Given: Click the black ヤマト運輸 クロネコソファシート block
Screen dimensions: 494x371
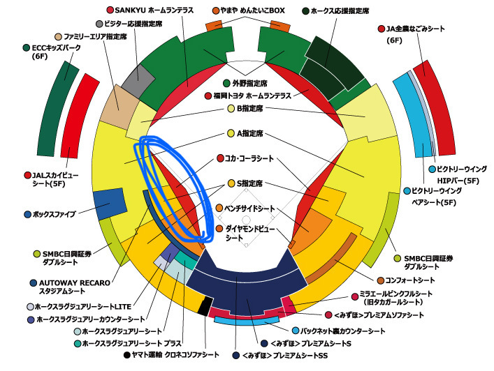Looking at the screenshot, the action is coord(205,305).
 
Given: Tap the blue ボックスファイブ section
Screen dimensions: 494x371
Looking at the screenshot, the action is coord(110,204).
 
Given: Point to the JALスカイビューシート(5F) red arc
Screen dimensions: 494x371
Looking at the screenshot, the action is coord(79,116).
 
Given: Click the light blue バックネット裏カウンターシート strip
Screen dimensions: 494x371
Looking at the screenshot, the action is coord(247,321).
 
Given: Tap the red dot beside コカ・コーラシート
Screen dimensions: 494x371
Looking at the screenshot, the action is coord(220,158).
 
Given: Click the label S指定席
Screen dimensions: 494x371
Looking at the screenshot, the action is coord(250,183).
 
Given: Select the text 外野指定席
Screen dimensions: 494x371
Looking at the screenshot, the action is coord(250,83).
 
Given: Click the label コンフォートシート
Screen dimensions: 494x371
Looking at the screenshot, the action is coord(410,280).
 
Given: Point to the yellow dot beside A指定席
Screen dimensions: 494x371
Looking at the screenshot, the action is coord(231,133).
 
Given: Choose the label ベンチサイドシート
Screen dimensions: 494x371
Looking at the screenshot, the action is coord(249,208).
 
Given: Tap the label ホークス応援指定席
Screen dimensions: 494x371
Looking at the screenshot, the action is coord(340,11).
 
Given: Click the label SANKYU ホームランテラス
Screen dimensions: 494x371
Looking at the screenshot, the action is coord(154,10).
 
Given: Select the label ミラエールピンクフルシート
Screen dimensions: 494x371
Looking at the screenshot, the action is coord(395,294).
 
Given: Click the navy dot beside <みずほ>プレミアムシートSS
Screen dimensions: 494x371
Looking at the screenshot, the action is coord(235,356).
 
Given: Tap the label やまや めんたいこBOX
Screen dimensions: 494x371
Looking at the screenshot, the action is coord(252,10).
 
